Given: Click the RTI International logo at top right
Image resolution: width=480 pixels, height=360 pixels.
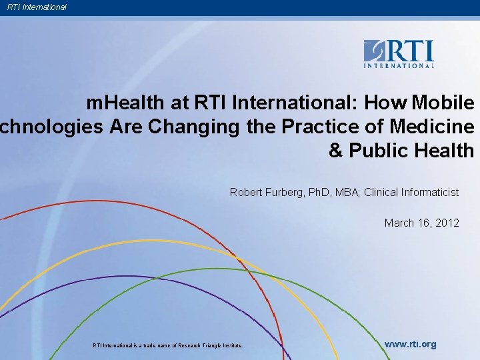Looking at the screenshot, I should point(399,53).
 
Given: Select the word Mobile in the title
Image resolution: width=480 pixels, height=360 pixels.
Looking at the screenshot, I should point(443,103).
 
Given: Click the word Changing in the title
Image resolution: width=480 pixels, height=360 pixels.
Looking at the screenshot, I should point(195,127).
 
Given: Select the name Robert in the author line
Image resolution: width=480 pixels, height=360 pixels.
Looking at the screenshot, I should point(247,192).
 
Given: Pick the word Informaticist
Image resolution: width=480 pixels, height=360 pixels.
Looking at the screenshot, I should point(429,192).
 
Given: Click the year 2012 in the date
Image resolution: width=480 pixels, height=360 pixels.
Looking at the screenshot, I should point(446,223).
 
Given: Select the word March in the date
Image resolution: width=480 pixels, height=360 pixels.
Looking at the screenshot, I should point(399,223).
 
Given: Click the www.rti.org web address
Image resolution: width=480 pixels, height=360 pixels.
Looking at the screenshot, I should point(411,344).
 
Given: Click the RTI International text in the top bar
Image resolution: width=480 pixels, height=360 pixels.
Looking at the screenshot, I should point(37,7).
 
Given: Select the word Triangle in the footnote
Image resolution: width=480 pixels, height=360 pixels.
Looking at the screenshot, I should point(208,345).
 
